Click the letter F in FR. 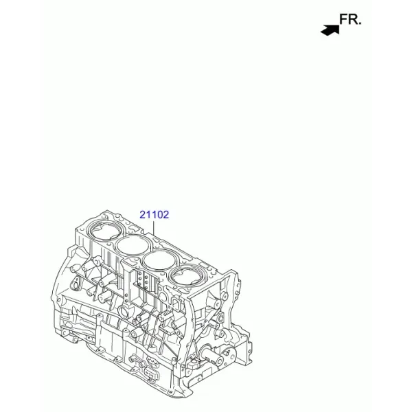tap(344, 19)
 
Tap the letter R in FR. tap(353, 19)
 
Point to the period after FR tap(360, 23)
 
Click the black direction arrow tap(330, 30)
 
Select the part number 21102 tap(154, 215)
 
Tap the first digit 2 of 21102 tap(143, 215)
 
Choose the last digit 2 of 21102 tap(165, 215)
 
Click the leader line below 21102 tap(154, 227)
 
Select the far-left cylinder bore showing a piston tap(106, 231)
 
